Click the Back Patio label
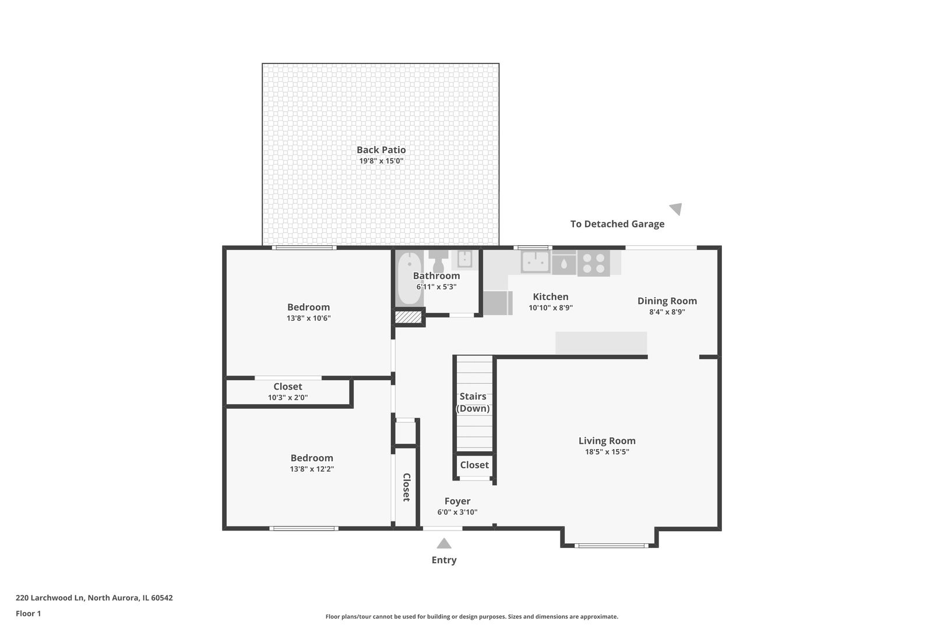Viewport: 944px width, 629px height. [381, 150]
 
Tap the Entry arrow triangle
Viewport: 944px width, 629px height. [444, 544]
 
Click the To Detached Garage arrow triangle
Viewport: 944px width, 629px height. [676, 209]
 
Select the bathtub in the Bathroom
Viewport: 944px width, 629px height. [410, 278]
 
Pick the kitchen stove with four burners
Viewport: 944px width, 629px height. [593, 263]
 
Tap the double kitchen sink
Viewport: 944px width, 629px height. [535, 262]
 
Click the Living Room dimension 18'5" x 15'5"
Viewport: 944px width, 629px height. [607, 452]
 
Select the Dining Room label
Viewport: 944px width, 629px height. [667, 301]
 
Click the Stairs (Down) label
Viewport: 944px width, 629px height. [473, 402]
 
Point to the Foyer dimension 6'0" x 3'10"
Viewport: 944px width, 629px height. [457, 513]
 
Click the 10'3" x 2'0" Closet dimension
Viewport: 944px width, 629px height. [288, 398]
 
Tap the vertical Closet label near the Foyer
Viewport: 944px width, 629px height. [407, 487]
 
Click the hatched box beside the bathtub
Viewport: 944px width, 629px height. [408, 317]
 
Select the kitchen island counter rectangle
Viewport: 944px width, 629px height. [601, 342]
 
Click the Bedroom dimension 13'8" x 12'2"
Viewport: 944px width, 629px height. [312, 469]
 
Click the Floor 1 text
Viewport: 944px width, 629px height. [28, 613]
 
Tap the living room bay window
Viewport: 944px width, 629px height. [611, 546]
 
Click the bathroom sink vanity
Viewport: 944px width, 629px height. [465, 259]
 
